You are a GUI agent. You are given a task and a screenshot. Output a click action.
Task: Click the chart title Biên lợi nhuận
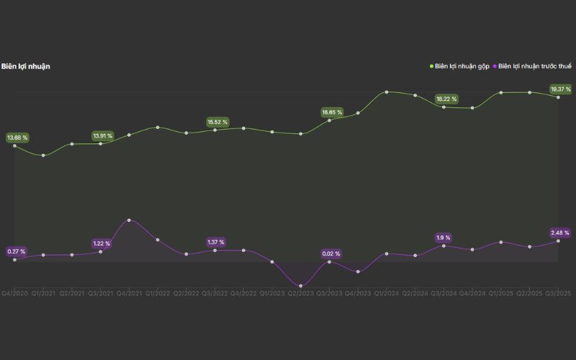[25, 66]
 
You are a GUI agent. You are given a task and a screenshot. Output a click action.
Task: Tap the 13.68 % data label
[17, 137]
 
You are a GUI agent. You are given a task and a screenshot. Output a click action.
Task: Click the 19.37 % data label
[560, 89]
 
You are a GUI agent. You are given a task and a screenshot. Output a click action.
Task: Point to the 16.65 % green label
[333, 112]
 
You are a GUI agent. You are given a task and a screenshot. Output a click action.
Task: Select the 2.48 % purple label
[560, 233]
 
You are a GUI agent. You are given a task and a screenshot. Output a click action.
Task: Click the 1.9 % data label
[444, 237]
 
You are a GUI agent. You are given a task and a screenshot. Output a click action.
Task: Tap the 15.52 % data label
[217, 122]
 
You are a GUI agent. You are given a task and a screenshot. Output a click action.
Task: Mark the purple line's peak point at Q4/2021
[129, 220]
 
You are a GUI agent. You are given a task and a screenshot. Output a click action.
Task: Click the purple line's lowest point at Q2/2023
[300, 286]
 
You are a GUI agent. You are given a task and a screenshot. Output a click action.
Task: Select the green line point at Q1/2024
[387, 92]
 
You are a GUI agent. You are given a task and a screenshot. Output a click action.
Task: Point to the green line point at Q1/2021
[43, 156]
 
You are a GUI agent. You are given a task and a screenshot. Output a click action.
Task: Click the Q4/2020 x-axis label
[14, 294]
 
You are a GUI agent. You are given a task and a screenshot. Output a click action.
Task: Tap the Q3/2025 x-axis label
[559, 294]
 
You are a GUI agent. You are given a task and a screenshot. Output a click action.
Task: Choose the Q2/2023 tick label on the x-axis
[301, 294]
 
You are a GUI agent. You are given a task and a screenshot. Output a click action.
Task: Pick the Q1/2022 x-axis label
[158, 294]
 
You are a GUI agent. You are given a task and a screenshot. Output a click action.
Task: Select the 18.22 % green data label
[446, 99]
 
